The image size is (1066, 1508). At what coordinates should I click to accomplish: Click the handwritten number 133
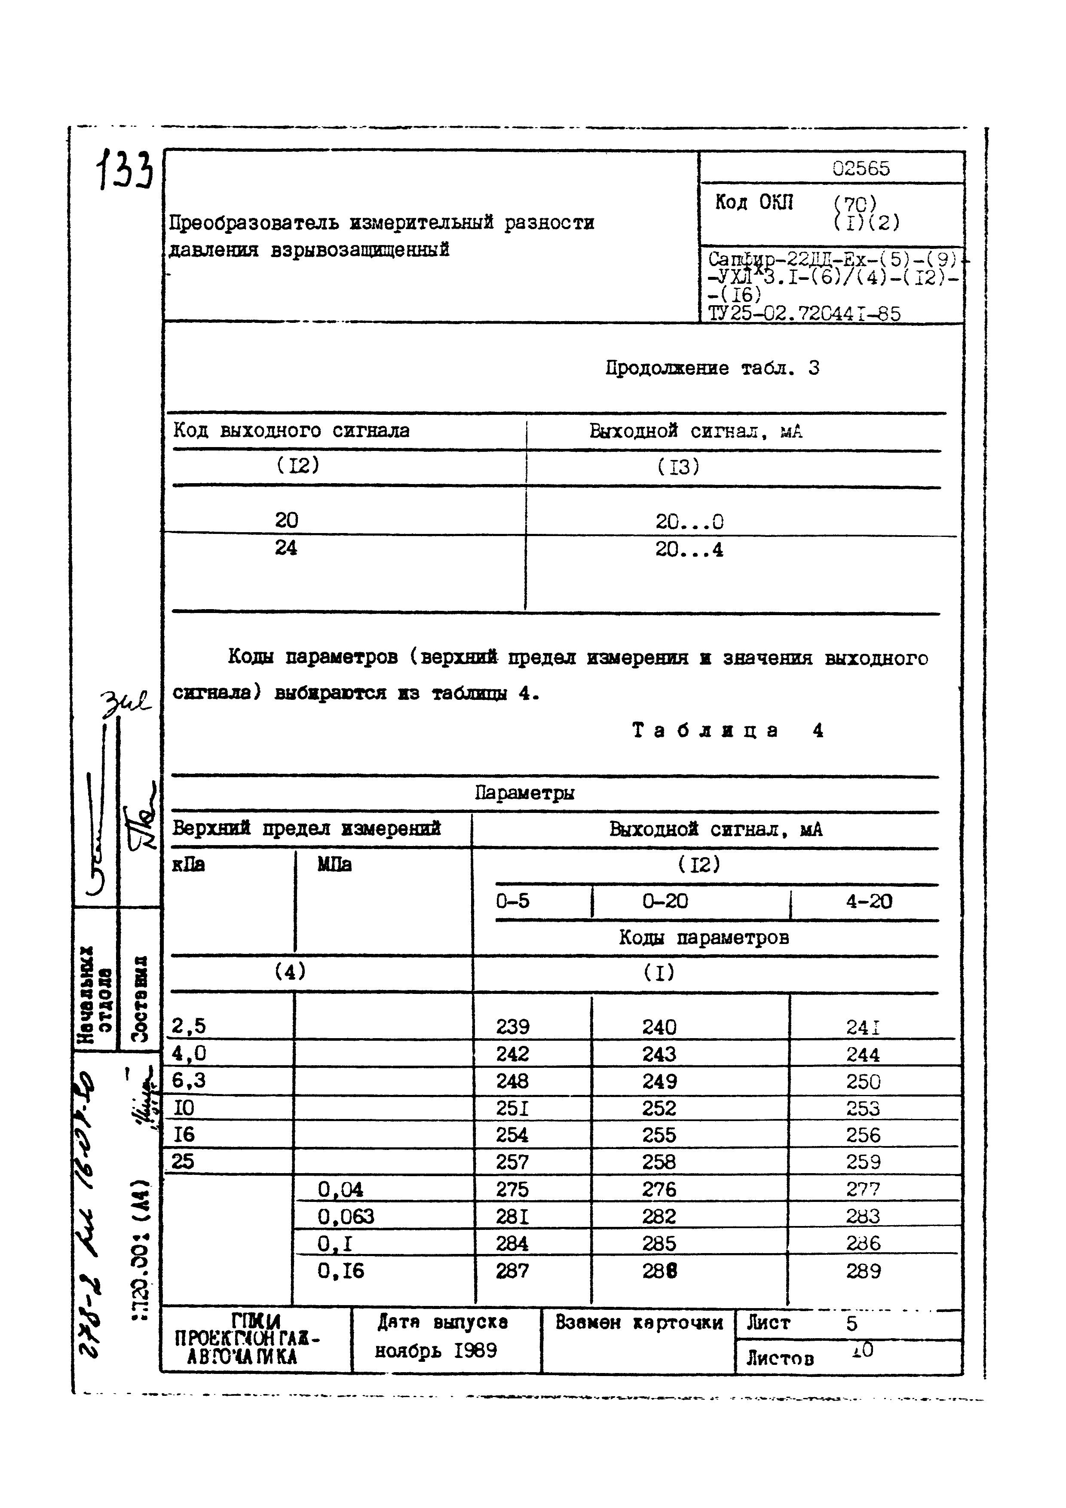[125, 169]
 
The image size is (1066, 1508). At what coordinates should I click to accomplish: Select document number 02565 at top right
[861, 169]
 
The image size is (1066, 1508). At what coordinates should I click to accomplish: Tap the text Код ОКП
[754, 202]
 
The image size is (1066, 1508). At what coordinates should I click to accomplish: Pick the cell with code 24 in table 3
[286, 548]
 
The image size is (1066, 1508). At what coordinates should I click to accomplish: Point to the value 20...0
[689, 522]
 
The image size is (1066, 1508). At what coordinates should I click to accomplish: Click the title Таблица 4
[727, 730]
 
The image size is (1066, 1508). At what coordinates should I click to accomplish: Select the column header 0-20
[665, 901]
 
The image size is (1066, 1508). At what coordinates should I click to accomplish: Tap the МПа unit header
[334, 865]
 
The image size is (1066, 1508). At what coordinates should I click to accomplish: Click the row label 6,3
[189, 1080]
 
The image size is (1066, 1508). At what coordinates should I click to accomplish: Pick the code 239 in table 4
[512, 1027]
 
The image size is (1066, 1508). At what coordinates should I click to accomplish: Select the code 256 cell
[862, 1135]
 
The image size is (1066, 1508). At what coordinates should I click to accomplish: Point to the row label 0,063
[346, 1217]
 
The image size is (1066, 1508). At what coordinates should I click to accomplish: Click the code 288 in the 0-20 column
[659, 1271]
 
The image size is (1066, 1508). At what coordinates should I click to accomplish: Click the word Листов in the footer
[780, 1358]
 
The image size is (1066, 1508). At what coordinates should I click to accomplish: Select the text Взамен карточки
[638, 1322]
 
